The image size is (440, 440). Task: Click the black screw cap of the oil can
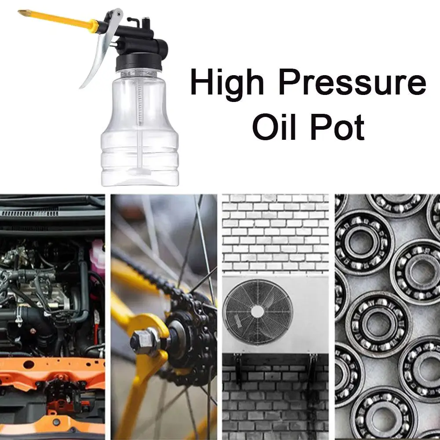(x=137, y=64)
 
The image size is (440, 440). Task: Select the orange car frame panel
(x=53, y=369)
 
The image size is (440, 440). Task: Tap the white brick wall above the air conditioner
(x=275, y=233)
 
